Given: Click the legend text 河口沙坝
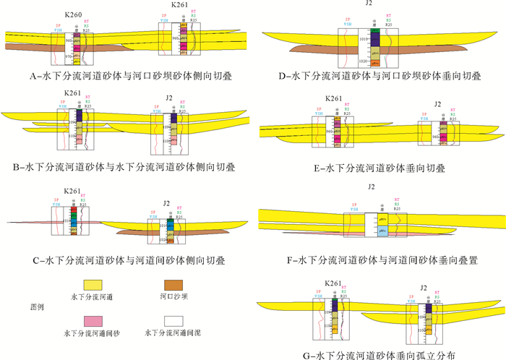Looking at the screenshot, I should pyautogui.click(x=177, y=296).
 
